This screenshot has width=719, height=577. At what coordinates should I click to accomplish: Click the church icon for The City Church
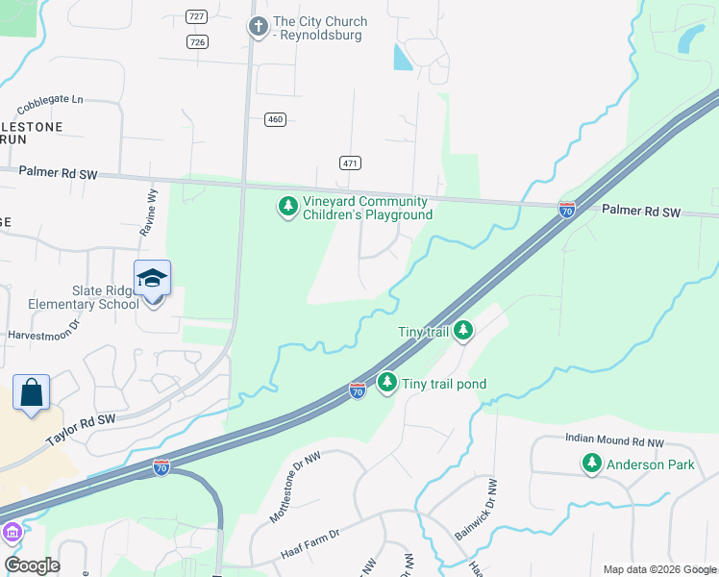coord(258,26)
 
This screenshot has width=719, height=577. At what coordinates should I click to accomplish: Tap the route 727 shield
coord(197,18)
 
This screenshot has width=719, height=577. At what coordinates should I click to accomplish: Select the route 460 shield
coord(276,119)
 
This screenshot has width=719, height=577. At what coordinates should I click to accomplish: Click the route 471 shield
coord(350,163)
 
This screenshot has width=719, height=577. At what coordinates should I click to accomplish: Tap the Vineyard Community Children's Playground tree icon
coord(287,207)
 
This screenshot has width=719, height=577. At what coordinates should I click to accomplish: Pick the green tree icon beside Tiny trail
coord(463,332)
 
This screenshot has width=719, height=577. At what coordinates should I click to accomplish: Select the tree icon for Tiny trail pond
coord(387,383)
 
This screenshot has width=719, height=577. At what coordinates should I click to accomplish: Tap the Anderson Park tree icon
coord(592,464)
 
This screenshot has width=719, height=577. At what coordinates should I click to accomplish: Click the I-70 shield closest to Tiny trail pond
coord(357,389)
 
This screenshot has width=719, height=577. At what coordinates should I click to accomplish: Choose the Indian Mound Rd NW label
coord(614,440)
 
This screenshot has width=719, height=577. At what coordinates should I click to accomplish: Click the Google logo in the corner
coord(32,565)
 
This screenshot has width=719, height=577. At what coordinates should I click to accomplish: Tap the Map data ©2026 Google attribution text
coord(659,569)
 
